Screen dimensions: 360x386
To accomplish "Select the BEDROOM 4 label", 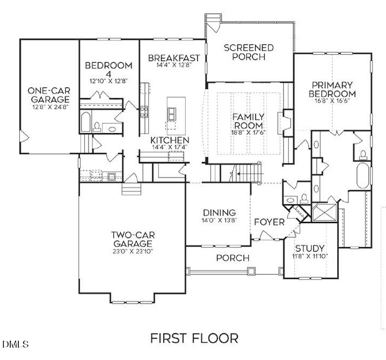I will [108, 70].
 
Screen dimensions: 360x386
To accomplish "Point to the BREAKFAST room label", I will [174, 58].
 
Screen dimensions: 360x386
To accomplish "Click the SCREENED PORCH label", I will [249, 52].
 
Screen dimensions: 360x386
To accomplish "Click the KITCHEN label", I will [169, 140].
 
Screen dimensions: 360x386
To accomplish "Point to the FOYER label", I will [269, 222].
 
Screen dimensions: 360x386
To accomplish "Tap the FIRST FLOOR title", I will [194, 339].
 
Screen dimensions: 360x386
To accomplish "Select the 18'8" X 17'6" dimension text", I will [247, 133].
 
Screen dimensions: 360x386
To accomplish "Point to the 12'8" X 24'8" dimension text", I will [49, 107].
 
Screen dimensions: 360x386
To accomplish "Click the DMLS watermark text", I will [16, 343].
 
